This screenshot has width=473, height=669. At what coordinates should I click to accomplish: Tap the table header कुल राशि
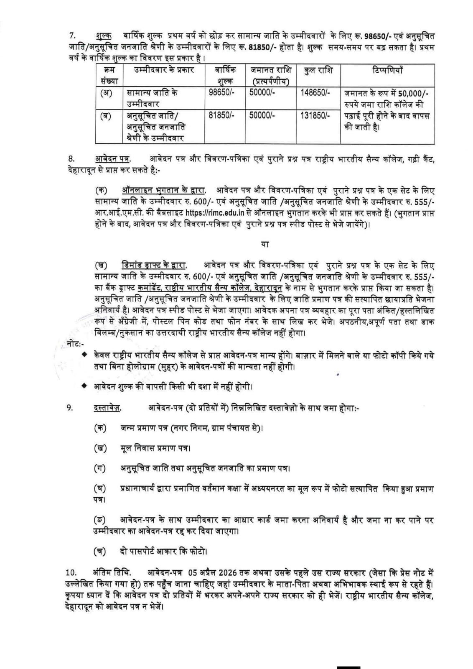(x=318, y=71)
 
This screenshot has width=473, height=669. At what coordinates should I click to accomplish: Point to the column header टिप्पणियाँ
(x=387, y=70)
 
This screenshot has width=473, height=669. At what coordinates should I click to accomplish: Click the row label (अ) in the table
(x=106, y=93)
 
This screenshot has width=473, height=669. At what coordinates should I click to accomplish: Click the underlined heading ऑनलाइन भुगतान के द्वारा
(x=163, y=191)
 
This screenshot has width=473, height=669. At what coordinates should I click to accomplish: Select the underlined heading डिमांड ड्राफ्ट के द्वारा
(x=154, y=266)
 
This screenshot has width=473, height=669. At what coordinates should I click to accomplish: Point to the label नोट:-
(x=75, y=343)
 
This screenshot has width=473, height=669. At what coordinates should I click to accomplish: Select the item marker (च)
(x=100, y=552)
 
